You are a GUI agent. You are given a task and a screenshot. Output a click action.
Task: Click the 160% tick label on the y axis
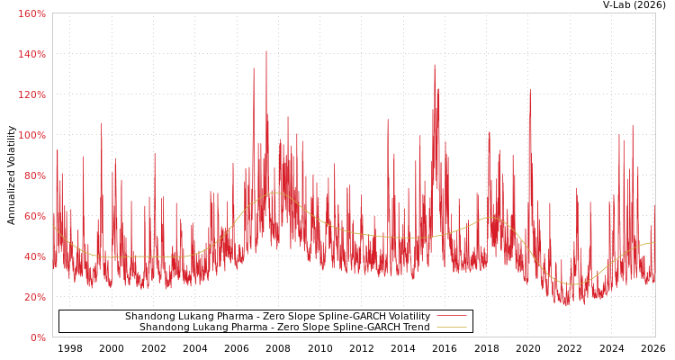(x=31, y=13)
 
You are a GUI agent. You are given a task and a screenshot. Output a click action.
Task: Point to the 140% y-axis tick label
(x=31, y=54)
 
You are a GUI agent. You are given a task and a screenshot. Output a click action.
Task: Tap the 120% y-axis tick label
(x=31, y=94)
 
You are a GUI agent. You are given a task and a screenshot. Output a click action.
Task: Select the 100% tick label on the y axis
(x=31, y=135)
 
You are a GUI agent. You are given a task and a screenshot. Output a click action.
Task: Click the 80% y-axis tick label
(x=34, y=175)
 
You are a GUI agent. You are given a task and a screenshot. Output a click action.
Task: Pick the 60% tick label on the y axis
(x=34, y=216)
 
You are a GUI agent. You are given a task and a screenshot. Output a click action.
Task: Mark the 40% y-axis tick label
(x=34, y=256)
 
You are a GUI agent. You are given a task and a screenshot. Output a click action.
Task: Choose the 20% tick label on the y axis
(x=34, y=297)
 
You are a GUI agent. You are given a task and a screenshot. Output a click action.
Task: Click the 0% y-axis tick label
(x=37, y=337)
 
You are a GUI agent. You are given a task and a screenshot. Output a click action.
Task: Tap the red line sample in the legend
(x=451, y=317)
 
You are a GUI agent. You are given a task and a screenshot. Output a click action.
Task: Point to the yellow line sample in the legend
(x=451, y=328)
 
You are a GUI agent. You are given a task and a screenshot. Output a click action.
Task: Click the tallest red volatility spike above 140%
(x=266, y=51)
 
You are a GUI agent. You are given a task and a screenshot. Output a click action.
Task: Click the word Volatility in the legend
(x=408, y=317)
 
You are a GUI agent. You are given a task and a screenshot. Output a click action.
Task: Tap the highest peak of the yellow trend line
(x=274, y=193)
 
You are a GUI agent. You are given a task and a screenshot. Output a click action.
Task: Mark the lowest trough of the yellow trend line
(x=572, y=284)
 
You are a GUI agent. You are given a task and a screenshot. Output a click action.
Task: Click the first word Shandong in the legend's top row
(x=150, y=317)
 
